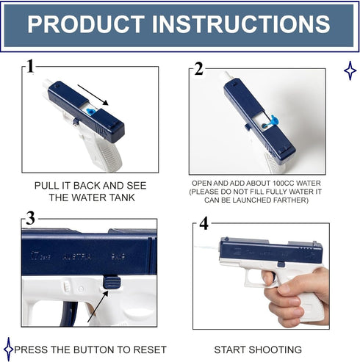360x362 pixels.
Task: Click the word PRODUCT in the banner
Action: coord(86,24)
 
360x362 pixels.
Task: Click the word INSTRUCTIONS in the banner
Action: coord(241,24)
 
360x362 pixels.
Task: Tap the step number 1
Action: coord(30,66)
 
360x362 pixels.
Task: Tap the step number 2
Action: coord(198,69)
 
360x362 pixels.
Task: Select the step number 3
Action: coord(30,218)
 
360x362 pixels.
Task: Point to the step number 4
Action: coord(204,223)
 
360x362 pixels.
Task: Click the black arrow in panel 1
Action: coord(93,95)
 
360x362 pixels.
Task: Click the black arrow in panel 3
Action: coord(98,306)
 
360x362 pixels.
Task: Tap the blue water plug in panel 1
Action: coord(90,112)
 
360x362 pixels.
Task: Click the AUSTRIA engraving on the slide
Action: coord(77,257)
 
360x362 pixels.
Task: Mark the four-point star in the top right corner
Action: coord(350,70)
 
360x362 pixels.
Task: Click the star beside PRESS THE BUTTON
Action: coord(9,349)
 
